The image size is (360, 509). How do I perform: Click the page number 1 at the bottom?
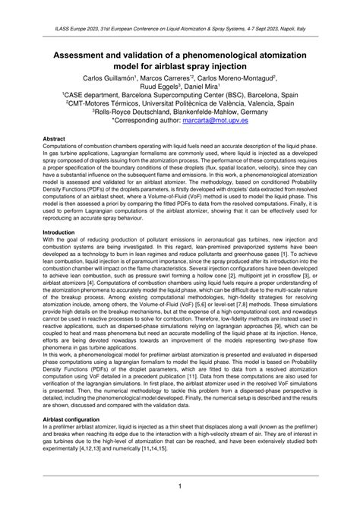click(x=180, y=485)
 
